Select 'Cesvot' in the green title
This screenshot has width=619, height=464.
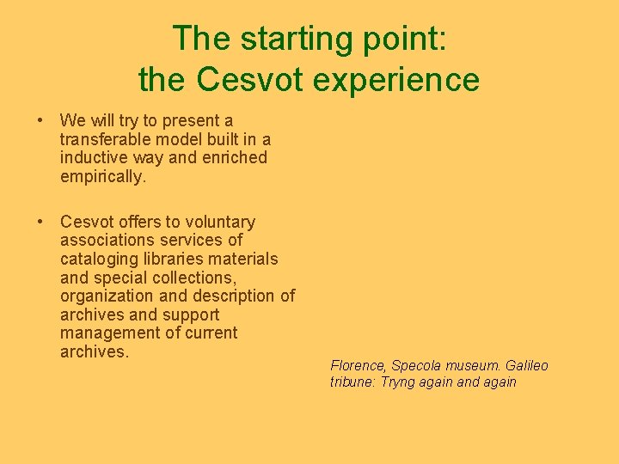[249, 80]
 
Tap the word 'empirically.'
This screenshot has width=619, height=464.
[103, 177]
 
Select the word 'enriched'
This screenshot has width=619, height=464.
[235, 158]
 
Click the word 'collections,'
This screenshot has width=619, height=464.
[194, 278]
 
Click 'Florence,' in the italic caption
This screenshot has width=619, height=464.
[359, 366]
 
